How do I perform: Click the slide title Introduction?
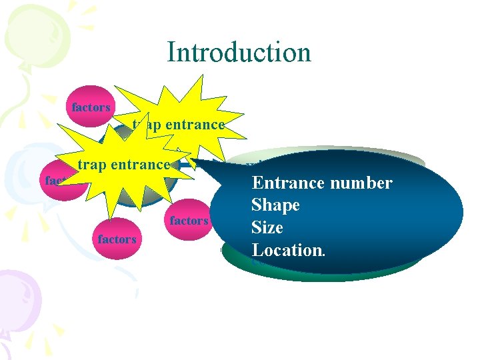pos(239,52)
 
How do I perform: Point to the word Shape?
pos(275,205)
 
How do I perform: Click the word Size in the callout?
pos(267,228)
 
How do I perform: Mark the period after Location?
pos(324,254)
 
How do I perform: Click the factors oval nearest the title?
pos(91,107)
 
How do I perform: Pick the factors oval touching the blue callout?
pos(189,221)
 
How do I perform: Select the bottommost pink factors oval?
pos(117,239)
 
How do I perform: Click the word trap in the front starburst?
pos(91,165)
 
